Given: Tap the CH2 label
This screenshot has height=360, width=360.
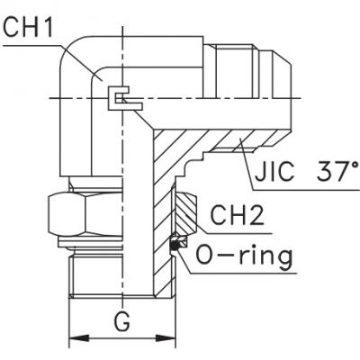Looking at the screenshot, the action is [237, 214].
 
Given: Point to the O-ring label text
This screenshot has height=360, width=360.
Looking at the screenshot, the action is [244, 256].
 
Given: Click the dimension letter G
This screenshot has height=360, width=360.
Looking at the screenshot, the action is [121, 320].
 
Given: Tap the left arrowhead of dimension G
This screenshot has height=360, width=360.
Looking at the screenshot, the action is [79, 339].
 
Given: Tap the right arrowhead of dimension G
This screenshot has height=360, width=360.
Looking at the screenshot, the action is [165, 339].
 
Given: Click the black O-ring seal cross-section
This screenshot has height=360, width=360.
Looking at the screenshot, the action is [175, 246].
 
